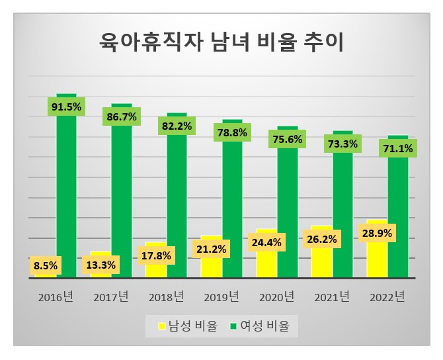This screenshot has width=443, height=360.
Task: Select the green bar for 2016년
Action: click(x=66, y=199)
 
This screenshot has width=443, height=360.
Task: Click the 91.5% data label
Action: click(x=66, y=107)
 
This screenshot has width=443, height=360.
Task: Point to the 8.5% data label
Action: click(x=45, y=266)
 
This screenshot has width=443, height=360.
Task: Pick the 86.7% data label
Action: click(x=121, y=116)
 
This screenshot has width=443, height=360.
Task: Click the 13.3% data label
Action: click(x=101, y=265)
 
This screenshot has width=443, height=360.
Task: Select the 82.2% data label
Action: click(x=177, y=126)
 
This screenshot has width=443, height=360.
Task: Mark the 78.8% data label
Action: click(x=232, y=133)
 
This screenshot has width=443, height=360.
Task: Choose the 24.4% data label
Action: click(x=266, y=242)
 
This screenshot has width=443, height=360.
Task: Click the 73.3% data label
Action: click(x=342, y=144)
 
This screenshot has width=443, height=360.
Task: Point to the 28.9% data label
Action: click(x=377, y=234)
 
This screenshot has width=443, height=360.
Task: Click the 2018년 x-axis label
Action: click(x=165, y=297)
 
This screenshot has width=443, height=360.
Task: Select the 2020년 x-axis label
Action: click(x=276, y=297)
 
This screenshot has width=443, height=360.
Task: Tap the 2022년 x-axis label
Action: click(x=386, y=297)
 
